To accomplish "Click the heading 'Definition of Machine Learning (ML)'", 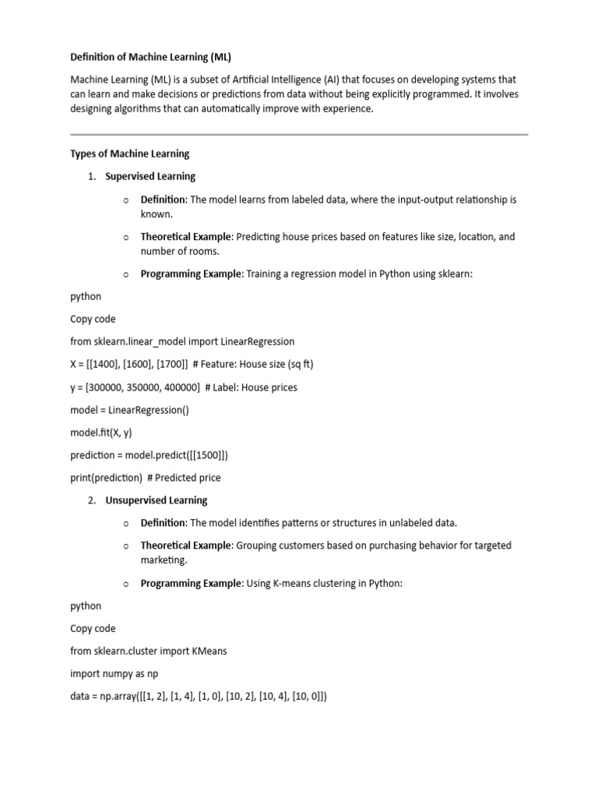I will (151, 57).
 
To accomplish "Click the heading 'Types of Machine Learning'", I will (130, 154).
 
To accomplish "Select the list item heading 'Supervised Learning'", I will (150, 176).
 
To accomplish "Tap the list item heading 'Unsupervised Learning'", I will (157, 500).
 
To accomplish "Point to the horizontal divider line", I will (299, 135).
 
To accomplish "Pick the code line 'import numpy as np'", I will (114, 673).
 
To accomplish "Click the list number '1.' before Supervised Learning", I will (92, 176).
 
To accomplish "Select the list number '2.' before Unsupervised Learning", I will (92, 500).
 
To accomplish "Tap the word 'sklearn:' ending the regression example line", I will (454, 274).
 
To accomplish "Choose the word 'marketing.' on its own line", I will (165, 560).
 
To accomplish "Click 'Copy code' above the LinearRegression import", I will (93, 320).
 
